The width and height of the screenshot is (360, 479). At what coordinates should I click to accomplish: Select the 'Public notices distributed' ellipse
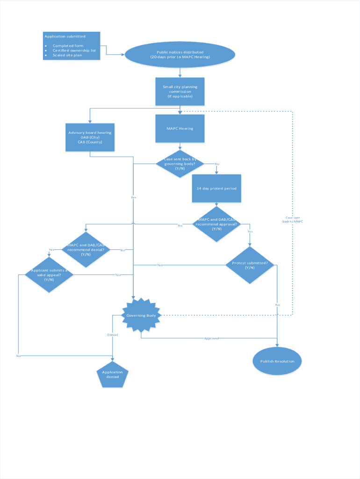click(x=180, y=55)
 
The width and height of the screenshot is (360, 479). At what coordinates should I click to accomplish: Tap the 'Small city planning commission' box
click(x=180, y=91)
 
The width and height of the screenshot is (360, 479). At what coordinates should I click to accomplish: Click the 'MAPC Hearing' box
click(x=180, y=129)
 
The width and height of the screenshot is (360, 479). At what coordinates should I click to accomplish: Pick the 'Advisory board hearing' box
click(x=90, y=137)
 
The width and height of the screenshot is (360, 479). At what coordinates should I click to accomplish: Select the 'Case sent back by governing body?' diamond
click(x=180, y=164)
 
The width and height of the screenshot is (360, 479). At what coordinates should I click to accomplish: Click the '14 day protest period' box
click(x=216, y=189)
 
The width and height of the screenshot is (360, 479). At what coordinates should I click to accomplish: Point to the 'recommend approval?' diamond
click(x=216, y=224)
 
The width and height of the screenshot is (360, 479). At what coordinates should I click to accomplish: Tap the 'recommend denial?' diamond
click(x=86, y=250)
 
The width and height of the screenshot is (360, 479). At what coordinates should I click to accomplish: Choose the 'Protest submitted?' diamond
click(x=250, y=265)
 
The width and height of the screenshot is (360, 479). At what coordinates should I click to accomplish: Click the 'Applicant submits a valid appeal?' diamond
click(x=49, y=275)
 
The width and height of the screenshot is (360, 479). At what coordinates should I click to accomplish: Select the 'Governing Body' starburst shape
click(x=141, y=315)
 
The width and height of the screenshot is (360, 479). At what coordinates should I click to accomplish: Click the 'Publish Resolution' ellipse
click(x=278, y=361)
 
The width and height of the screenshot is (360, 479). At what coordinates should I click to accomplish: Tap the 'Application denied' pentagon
click(x=112, y=374)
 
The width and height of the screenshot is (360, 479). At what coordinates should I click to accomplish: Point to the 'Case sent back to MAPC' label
click(x=293, y=219)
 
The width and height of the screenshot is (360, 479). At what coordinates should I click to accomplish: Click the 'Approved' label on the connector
click(x=211, y=338)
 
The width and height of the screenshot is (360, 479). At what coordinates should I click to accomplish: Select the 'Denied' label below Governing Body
click(x=113, y=335)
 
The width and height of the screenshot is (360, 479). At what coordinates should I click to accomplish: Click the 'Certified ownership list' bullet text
click(x=74, y=51)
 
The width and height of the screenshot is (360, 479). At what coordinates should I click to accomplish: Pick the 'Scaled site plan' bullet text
click(x=67, y=55)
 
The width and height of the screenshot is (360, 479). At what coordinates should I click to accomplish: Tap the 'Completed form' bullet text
click(x=68, y=46)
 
